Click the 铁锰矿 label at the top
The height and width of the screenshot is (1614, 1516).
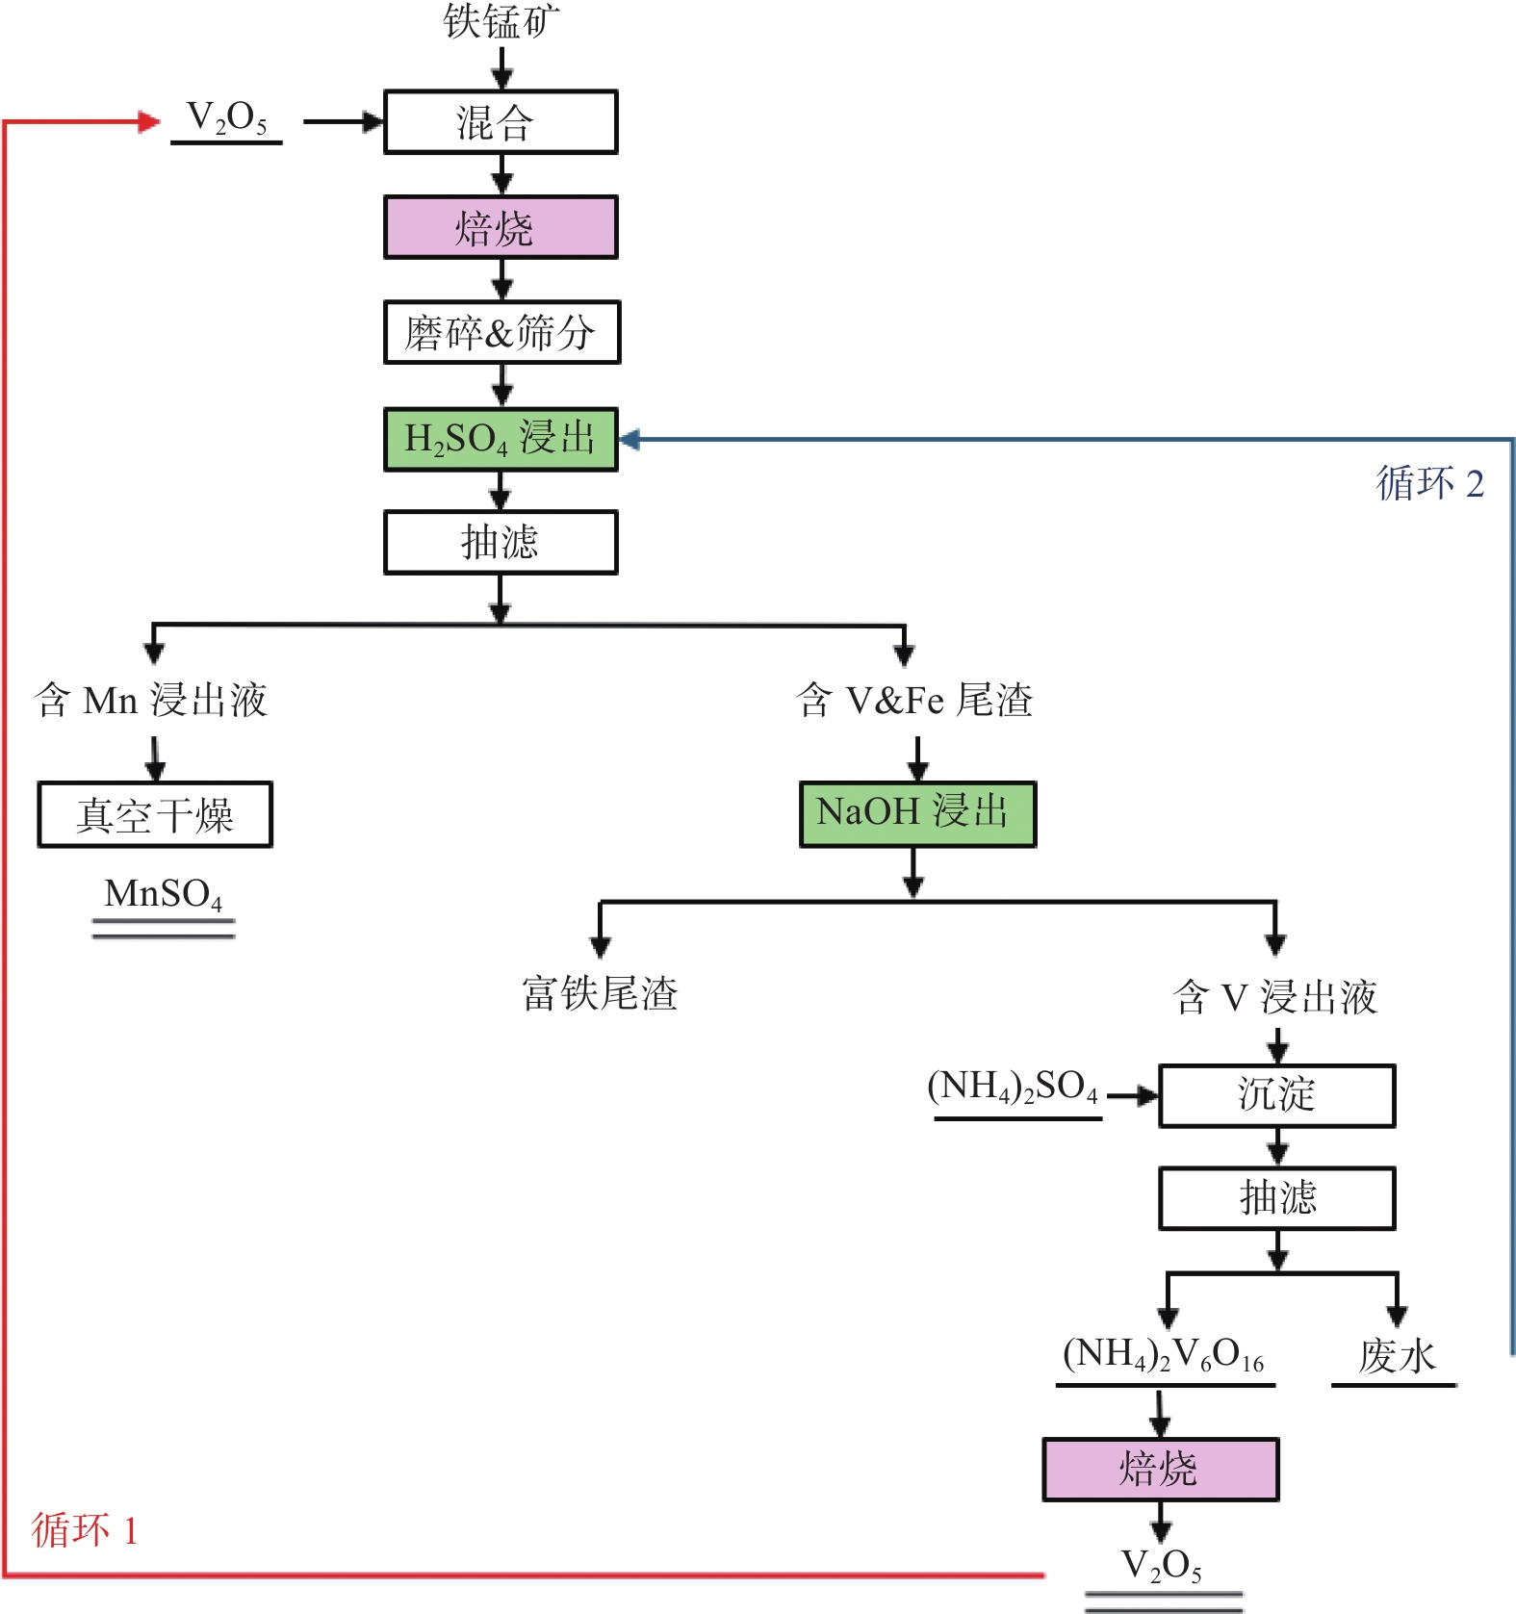point(501,21)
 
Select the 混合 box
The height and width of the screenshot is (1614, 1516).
point(501,122)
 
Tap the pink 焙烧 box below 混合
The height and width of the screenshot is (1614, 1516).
point(501,228)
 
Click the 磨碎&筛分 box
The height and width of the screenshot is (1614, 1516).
point(501,333)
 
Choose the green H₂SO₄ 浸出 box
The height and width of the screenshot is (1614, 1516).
point(501,439)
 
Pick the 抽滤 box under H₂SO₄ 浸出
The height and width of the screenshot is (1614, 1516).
point(501,543)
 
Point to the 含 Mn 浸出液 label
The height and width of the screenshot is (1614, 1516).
point(151,700)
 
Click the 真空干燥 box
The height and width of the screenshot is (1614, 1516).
point(155,815)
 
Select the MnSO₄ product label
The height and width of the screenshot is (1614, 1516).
point(164,894)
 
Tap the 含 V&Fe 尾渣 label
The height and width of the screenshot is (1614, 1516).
point(914,700)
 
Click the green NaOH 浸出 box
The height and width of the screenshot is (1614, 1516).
point(917,814)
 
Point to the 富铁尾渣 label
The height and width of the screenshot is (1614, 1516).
point(600,993)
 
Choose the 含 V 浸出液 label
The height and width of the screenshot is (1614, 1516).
point(1275,997)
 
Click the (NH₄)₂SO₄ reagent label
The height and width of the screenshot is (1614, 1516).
point(1013,1088)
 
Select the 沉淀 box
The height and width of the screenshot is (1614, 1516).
point(1276,1095)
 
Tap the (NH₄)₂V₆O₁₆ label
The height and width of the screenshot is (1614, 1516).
point(1163,1355)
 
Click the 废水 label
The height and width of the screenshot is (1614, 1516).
point(1397,1357)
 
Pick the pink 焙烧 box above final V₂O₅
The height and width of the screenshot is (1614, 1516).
point(1160,1470)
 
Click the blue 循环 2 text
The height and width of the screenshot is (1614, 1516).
point(1429,483)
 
